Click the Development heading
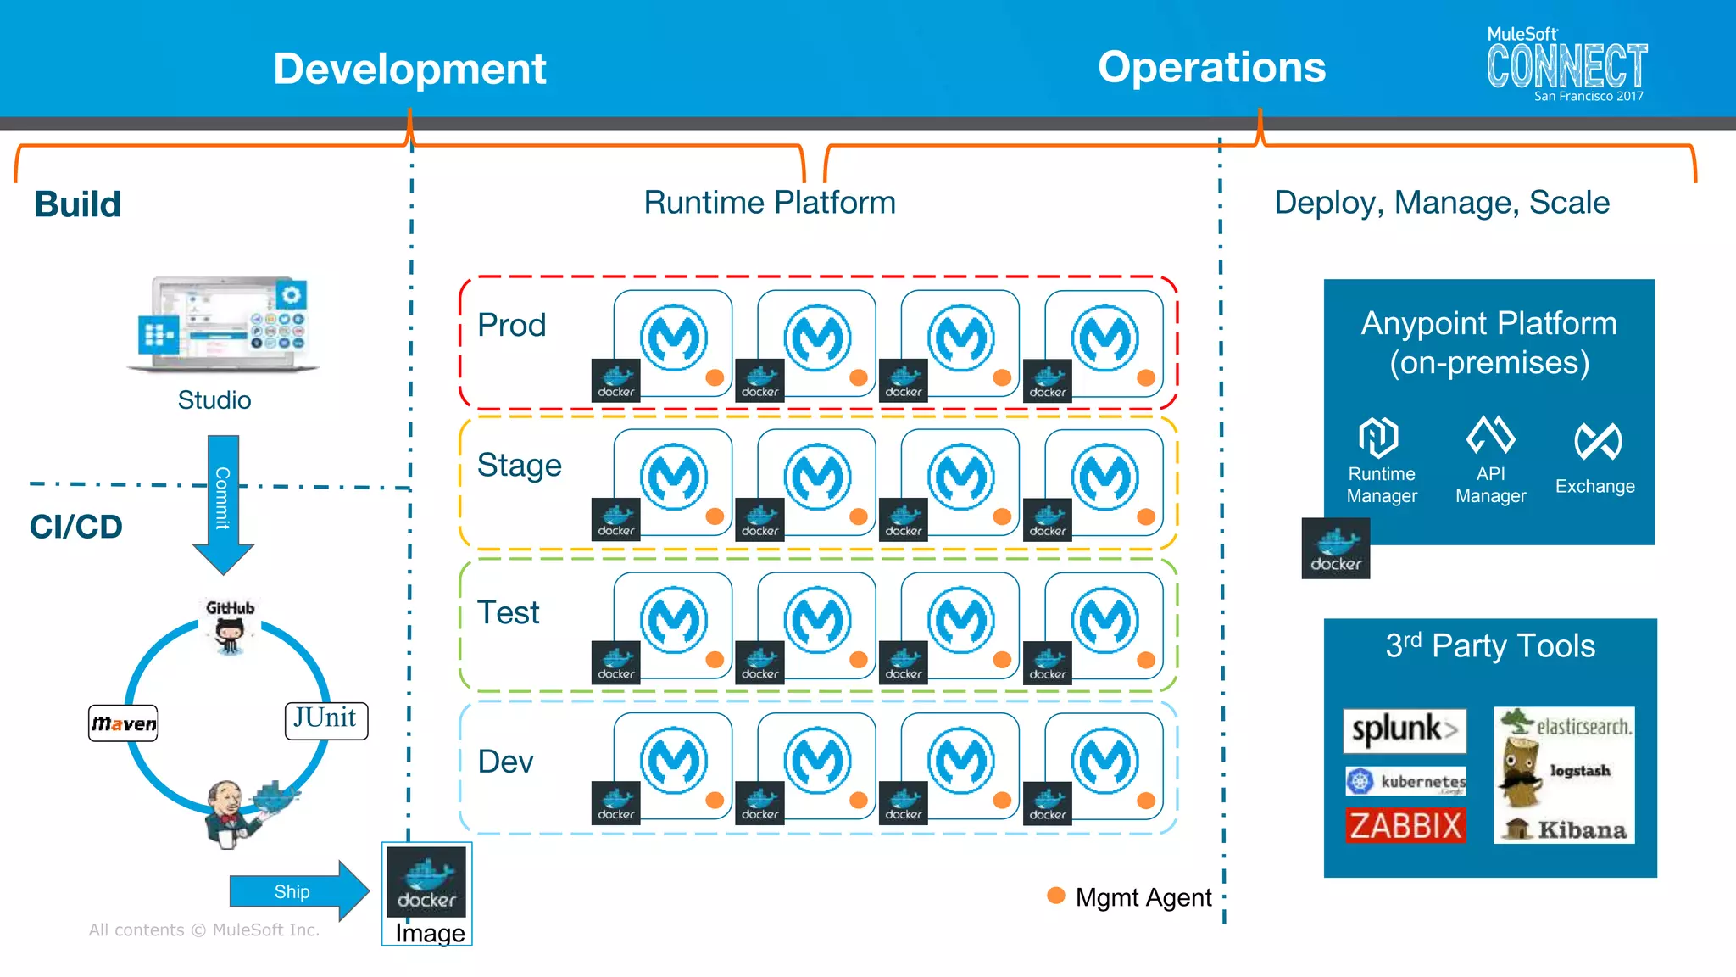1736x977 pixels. pos(409,69)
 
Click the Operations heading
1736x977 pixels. pos(1211,67)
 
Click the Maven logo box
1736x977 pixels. pos(123,723)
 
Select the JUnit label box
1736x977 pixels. pos(325,720)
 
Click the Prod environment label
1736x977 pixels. pos(511,326)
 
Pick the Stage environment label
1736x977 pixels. pos(519,466)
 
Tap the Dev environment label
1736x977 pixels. pos(505,762)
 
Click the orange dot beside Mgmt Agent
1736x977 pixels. pos(1055,896)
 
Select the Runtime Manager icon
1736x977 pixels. pos(1378,438)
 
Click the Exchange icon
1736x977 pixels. pos(1597,441)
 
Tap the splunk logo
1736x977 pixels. pos(1404,729)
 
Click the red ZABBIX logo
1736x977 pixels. pos(1405,825)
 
